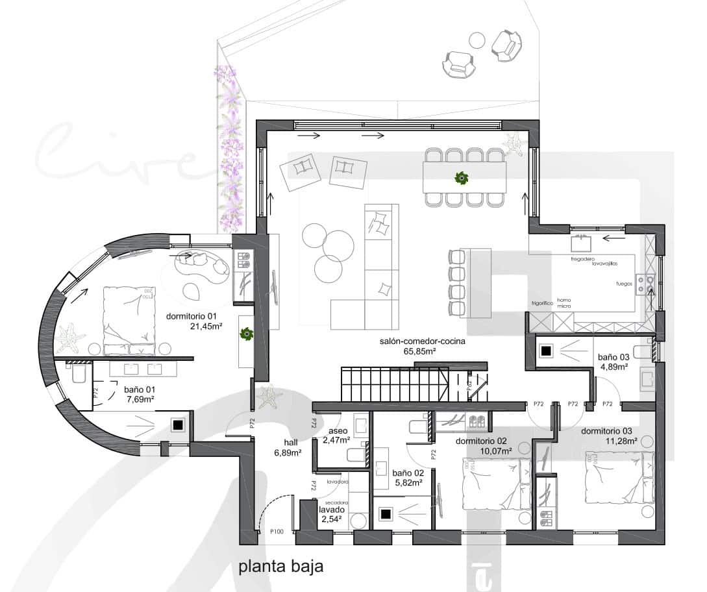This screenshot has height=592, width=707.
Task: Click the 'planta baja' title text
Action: [280, 566]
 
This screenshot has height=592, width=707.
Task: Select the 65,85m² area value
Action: [408, 351]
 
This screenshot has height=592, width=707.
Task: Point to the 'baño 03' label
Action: [612, 357]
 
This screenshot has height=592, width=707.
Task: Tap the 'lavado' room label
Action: [331, 510]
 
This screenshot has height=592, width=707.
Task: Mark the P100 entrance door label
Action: [277, 532]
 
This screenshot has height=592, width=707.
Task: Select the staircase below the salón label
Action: [394, 384]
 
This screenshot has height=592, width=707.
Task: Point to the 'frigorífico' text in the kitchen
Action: [541, 303]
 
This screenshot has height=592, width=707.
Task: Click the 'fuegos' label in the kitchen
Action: [624, 284]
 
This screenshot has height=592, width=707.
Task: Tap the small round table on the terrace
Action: [477, 40]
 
